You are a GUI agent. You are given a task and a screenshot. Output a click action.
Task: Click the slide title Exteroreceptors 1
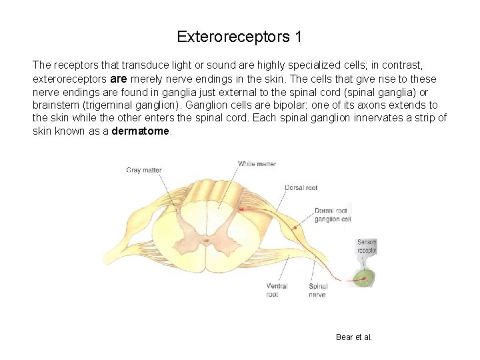pos(239,37)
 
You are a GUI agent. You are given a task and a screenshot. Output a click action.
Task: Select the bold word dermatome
pos(141,131)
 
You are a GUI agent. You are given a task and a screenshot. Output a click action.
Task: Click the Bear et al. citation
pos(354,337)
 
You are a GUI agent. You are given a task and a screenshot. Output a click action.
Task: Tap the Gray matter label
pos(144,170)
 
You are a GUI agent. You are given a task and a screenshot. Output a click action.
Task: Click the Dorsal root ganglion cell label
pos(331,215)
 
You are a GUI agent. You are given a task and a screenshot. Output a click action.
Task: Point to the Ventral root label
pos(276,290)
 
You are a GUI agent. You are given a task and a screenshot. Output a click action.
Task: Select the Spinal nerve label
pos(318,290)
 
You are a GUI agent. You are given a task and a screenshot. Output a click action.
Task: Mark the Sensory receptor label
pos(366,246)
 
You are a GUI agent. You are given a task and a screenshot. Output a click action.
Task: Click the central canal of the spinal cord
pos(207,239)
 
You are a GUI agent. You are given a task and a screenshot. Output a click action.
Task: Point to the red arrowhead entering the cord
pos(241,209)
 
